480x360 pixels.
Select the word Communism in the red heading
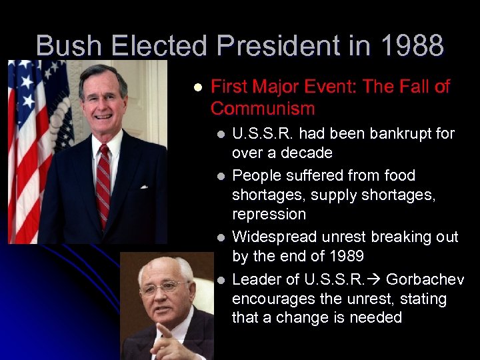pyautogui.click(x=263, y=108)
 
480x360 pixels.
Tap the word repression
pyautogui.click(x=269, y=214)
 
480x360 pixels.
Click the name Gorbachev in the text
pyautogui.click(x=425, y=279)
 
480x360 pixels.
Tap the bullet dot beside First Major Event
pyautogui.click(x=197, y=87)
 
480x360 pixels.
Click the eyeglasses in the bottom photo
pyautogui.click(x=163, y=287)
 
